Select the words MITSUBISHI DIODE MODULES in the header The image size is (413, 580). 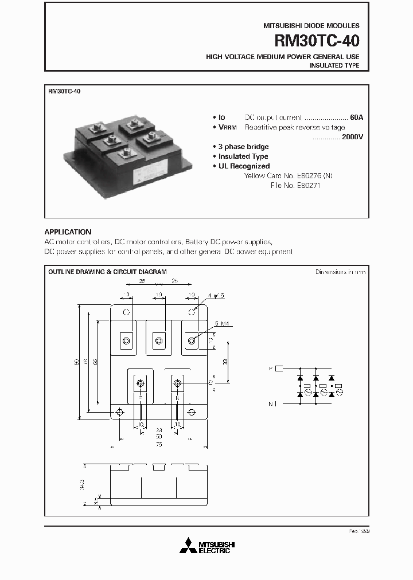coord(311,26)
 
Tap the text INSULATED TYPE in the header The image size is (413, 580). coord(334,65)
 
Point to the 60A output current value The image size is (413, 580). coord(356,117)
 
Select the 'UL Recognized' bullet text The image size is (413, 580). coord(244,166)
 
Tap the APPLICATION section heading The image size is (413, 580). coord(68,232)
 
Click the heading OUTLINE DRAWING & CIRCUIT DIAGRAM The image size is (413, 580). coord(107,272)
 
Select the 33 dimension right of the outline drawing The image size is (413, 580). coord(225,362)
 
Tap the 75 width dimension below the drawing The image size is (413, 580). coord(158,444)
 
